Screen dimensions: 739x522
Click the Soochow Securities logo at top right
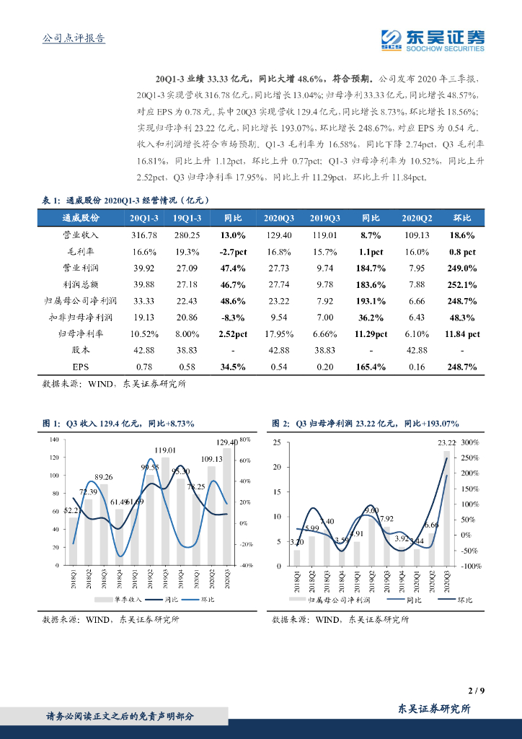(433, 40)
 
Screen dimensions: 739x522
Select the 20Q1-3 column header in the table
(145, 217)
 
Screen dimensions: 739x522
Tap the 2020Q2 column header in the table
(417, 217)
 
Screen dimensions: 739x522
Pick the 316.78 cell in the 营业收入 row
(145, 235)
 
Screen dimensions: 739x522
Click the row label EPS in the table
(80, 367)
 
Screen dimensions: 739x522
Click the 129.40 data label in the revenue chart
(227, 442)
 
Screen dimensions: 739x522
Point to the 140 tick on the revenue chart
(56, 440)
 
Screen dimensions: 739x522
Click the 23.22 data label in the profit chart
(446, 443)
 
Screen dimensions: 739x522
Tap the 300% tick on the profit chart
(469, 442)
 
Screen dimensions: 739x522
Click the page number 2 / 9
(474, 691)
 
